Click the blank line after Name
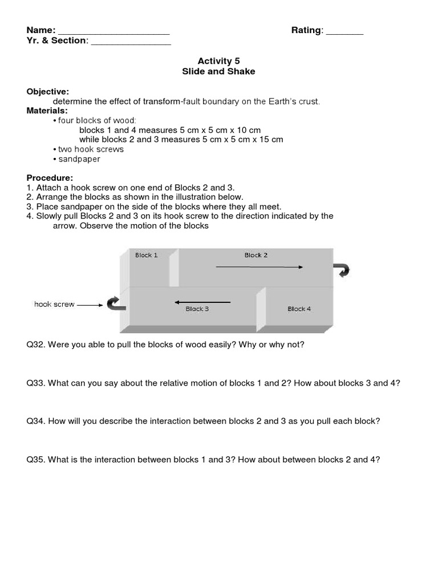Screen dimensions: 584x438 [x=113, y=32]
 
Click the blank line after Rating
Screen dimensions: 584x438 [x=344, y=32]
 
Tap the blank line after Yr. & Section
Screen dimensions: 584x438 [x=131, y=42]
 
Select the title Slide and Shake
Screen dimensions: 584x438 [x=218, y=71]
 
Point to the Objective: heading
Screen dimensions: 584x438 [x=48, y=91]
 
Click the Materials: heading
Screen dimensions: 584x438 [x=47, y=111]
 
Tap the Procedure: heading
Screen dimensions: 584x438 [x=50, y=178]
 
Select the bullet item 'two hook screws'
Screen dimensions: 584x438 [x=90, y=149]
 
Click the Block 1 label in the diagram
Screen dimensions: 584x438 [x=147, y=255]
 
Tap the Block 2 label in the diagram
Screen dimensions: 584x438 [x=256, y=255]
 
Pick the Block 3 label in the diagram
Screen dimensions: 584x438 [x=197, y=309]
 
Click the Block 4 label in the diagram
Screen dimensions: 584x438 [x=299, y=309]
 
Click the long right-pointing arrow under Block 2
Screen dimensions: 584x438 [x=259, y=266]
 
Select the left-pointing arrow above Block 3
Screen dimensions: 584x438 [x=202, y=302]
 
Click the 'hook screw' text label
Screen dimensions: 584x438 [x=54, y=305]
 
